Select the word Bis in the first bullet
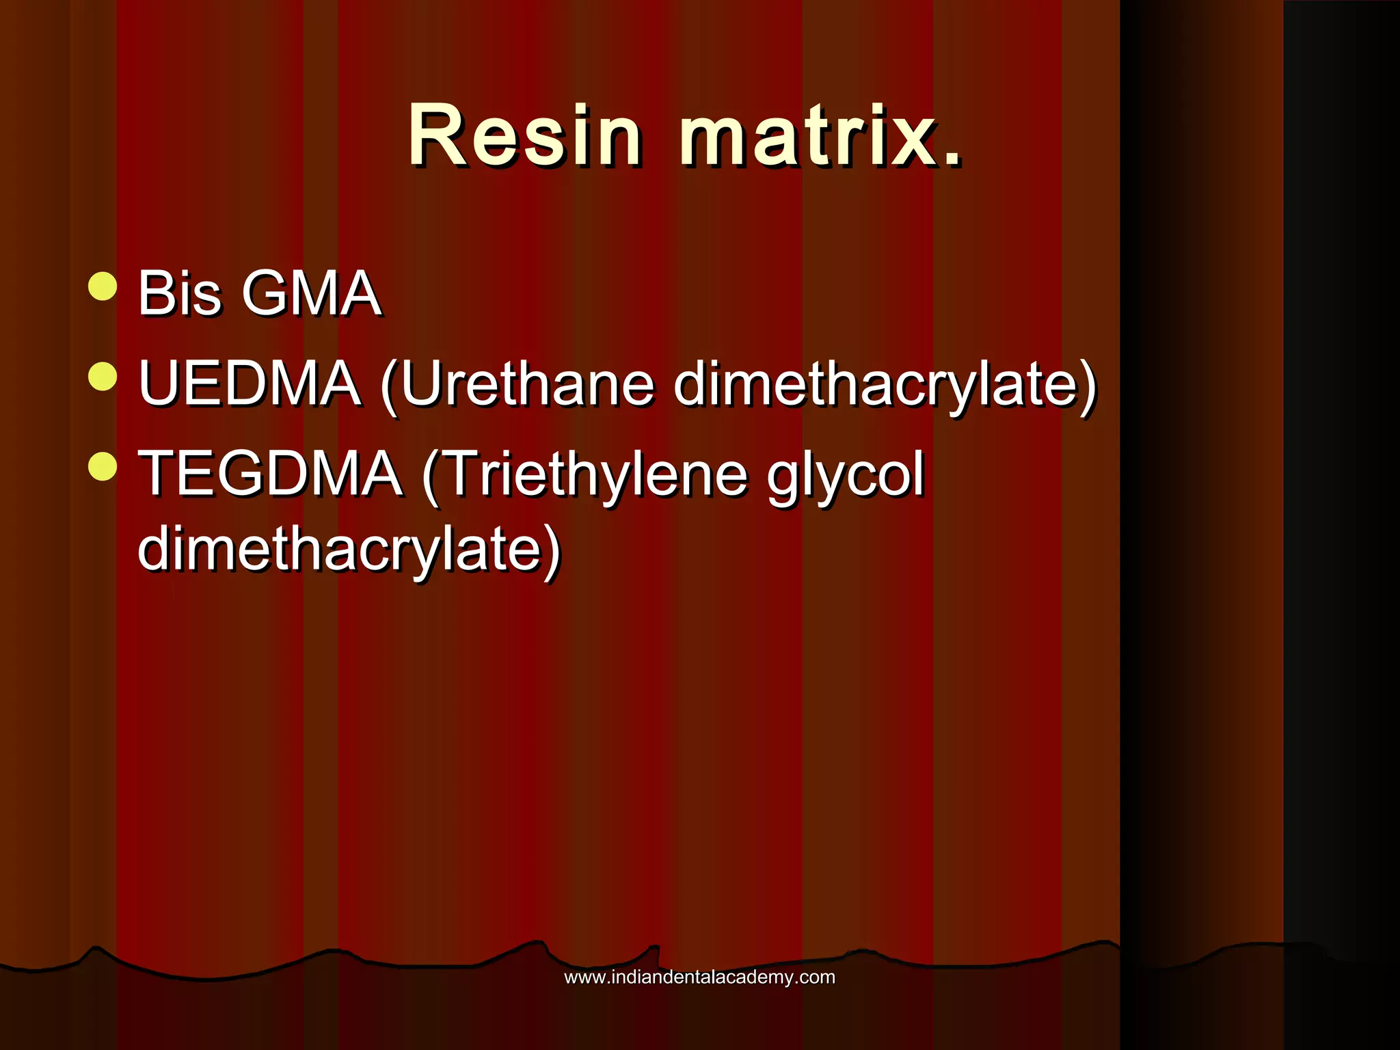(179, 293)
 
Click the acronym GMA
(312, 293)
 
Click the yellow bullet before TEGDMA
(103, 467)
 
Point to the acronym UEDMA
(250, 383)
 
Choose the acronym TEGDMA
(270, 474)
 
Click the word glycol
(845, 474)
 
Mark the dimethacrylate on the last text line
(338, 549)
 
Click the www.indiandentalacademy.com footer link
(699, 977)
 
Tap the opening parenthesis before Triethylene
(430, 476)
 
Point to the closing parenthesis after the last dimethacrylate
(552, 552)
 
